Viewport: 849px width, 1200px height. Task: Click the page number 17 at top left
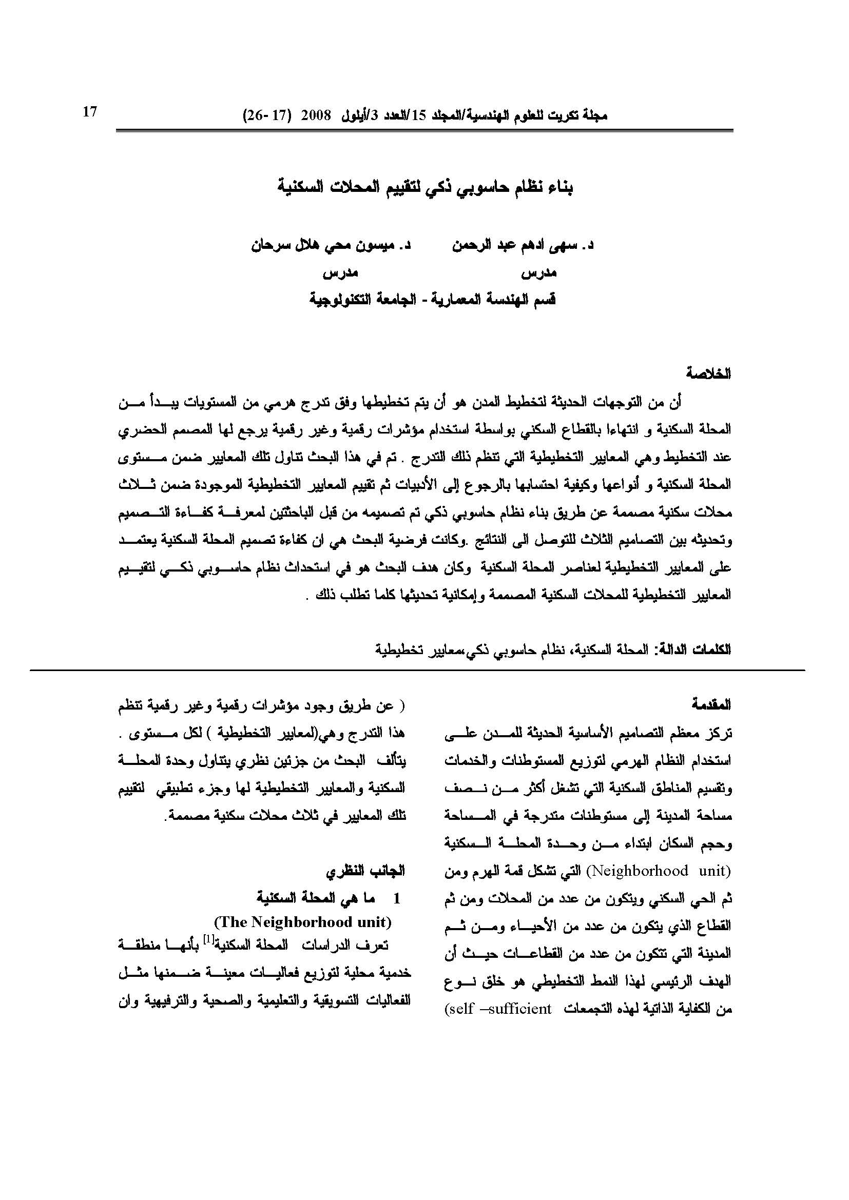90,112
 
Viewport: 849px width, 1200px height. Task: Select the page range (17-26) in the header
266,115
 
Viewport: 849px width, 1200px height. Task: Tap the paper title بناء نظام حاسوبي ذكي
425,188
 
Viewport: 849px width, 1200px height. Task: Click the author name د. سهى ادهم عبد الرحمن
523,245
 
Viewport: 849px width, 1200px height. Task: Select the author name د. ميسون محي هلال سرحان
331,245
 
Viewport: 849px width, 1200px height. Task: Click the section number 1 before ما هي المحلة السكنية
396,898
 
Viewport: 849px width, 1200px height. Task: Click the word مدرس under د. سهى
539,272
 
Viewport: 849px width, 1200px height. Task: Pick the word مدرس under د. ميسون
340,272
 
